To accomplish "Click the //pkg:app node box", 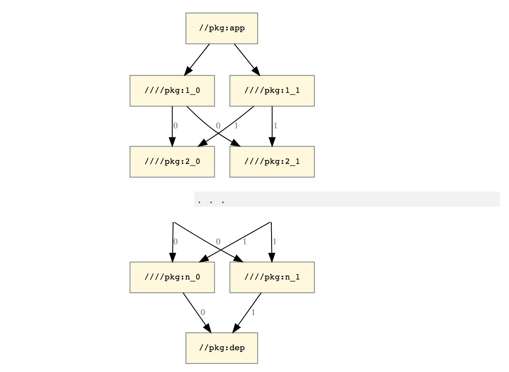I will coord(222,28).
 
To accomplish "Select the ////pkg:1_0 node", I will coord(172,91).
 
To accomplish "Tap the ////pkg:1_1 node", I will coord(272,91).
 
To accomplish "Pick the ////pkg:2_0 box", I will coord(172,162).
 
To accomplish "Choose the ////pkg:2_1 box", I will coord(272,162).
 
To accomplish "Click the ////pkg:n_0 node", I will coord(172,277).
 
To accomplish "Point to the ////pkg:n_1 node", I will coord(272,277).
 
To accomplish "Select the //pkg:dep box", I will coord(222,348).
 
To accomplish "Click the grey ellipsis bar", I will coord(347,199).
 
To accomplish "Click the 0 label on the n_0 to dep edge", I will coord(203,312).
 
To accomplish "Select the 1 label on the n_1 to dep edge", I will coord(253,312).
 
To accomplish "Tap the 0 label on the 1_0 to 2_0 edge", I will coord(175,125).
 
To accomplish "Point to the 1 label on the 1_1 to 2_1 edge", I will coord(275,125).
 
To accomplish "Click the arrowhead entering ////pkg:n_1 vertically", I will coord(272,257).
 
